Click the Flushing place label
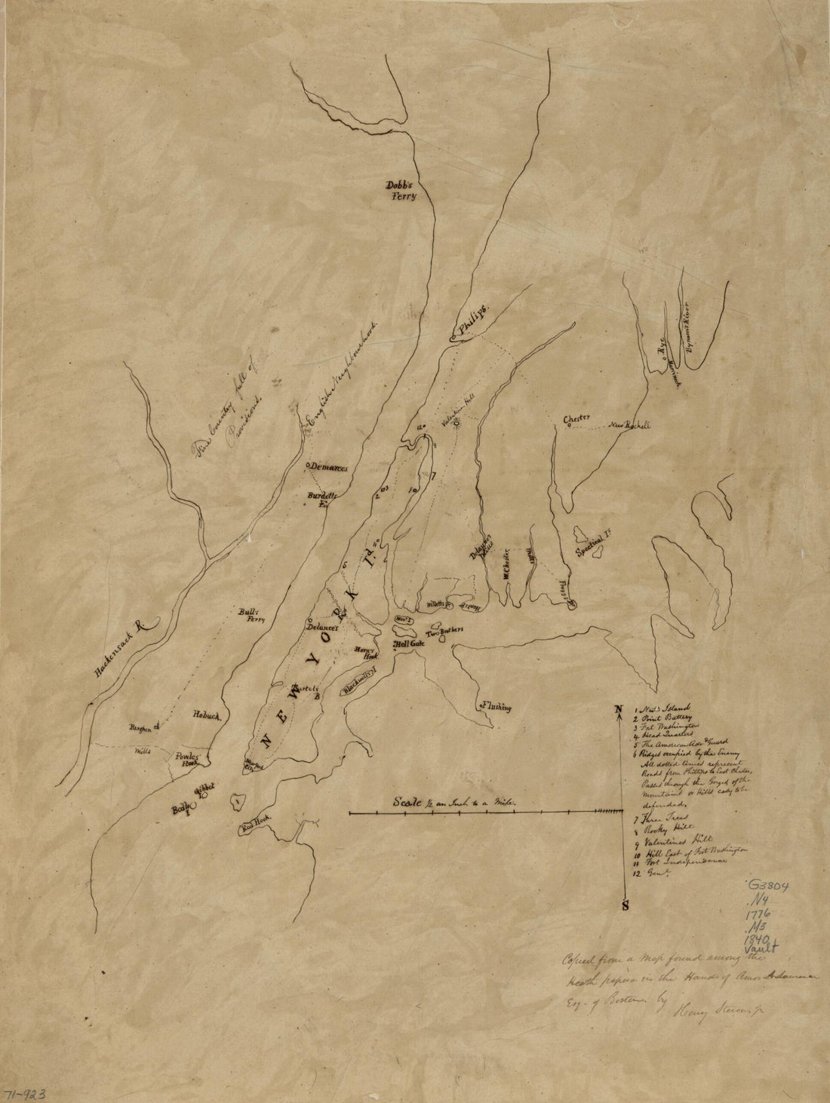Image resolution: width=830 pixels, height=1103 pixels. [494, 707]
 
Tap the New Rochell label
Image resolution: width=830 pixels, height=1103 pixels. [629, 425]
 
